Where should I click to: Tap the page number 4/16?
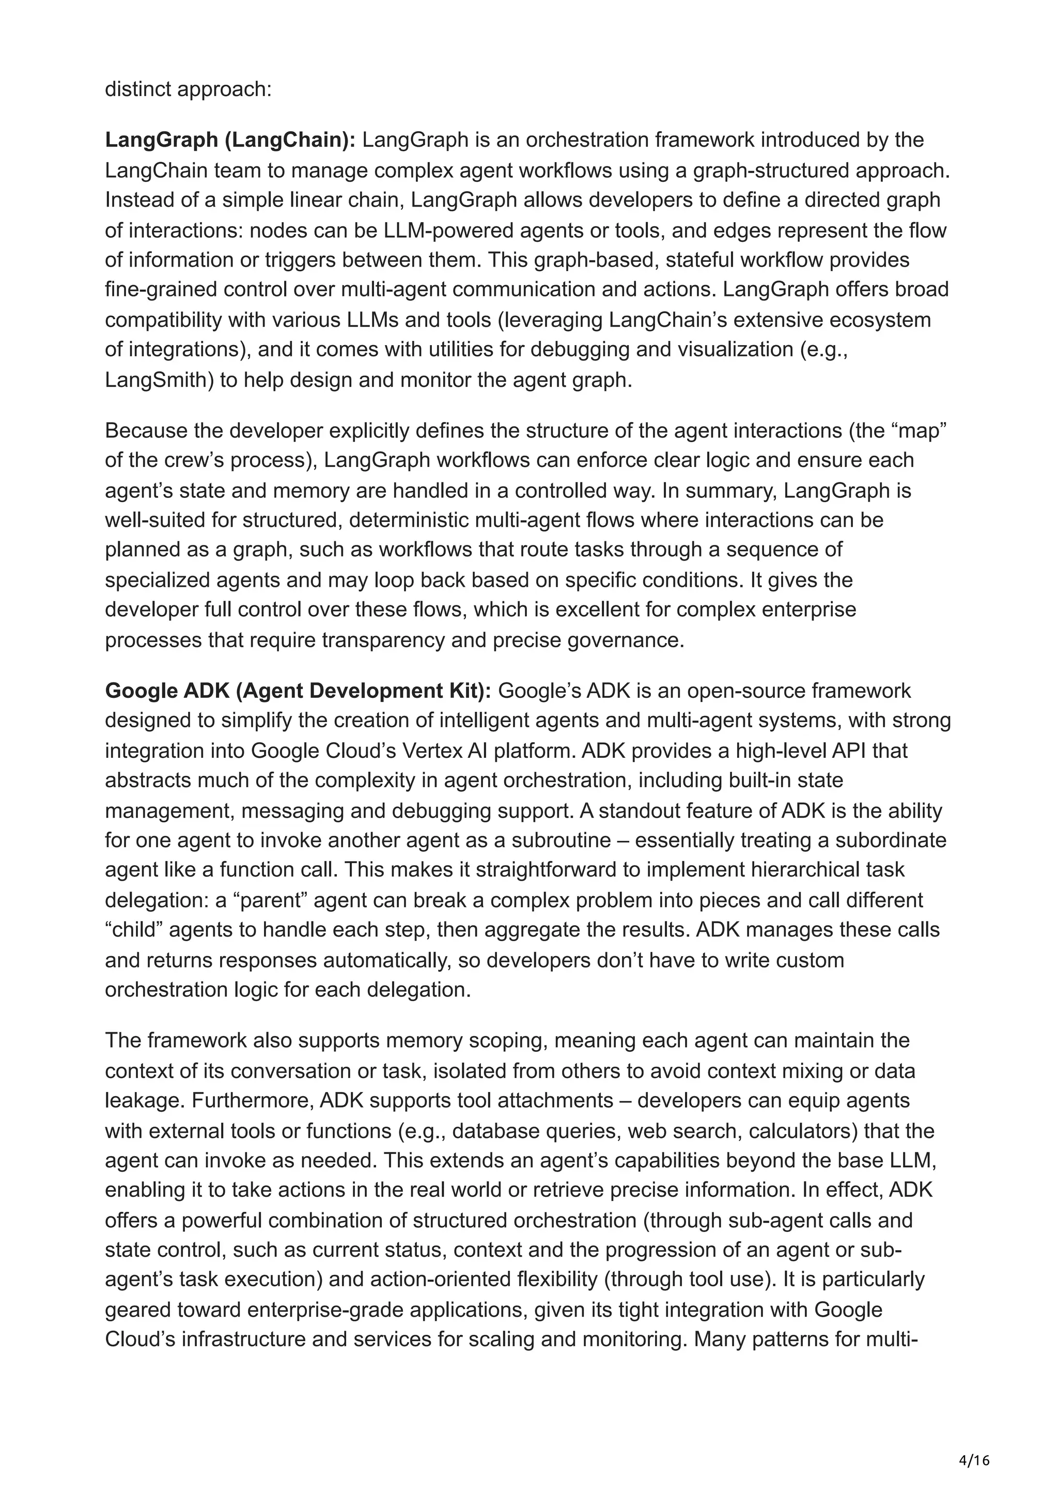[974, 1460]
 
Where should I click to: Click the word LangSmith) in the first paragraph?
[159, 380]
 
